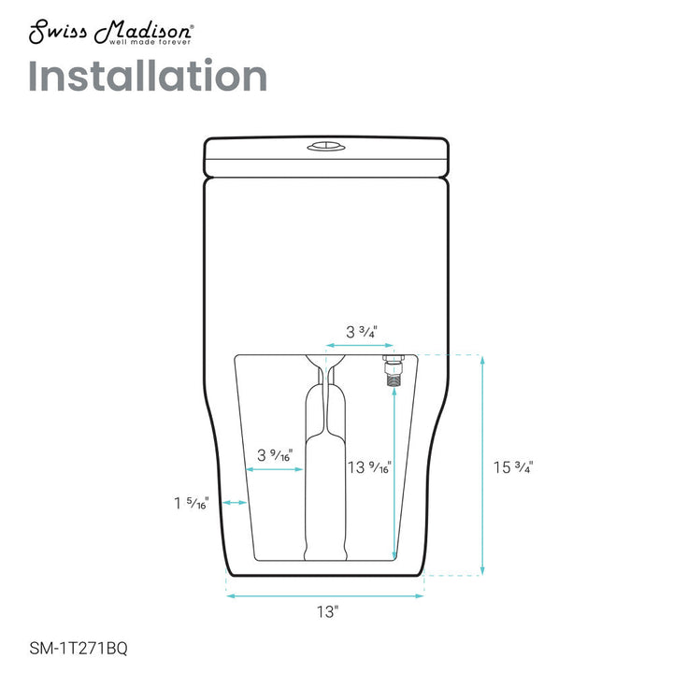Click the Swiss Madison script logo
pos(111,31)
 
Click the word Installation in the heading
pos(148,76)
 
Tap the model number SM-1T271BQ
pos(79,648)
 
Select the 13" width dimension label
pos(327,611)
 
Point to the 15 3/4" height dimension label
pos(513,467)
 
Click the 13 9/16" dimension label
pos(369,467)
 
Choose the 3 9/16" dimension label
pos(275,455)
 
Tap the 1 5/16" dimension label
pos(191,503)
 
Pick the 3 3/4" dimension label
pos(362,332)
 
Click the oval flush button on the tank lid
pos(326,148)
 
